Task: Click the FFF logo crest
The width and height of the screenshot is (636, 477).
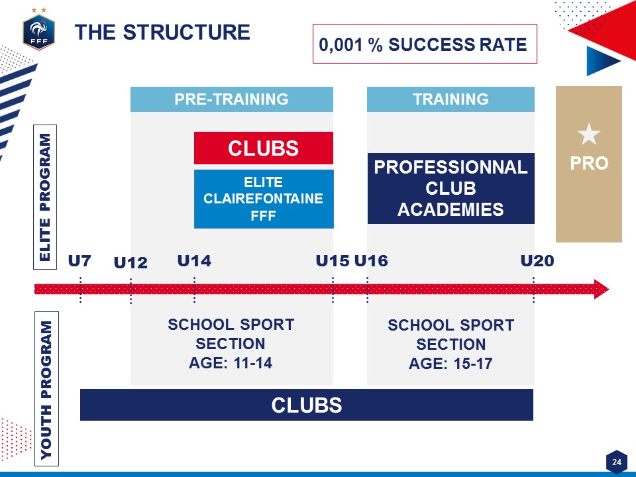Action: coord(38,32)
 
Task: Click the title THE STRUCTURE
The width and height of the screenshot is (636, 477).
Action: coord(162,32)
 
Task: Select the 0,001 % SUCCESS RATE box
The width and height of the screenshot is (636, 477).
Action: coord(425,44)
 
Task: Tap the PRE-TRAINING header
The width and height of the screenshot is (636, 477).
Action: coord(232,99)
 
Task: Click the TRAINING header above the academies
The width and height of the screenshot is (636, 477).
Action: coord(450,99)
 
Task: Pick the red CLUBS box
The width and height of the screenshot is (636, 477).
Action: coord(264,148)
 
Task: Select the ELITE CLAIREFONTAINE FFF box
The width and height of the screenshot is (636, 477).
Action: coord(264,199)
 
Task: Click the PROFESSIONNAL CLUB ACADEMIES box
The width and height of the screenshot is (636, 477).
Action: coord(450,188)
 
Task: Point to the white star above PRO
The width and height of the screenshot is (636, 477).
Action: coord(589,134)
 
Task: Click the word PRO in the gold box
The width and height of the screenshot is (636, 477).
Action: coord(589,164)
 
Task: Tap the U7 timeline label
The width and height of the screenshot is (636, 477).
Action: coord(79,261)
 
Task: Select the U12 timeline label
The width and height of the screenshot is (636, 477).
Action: coord(131,263)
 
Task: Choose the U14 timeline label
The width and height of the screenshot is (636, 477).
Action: coord(194,261)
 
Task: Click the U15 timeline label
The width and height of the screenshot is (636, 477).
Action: coord(333,261)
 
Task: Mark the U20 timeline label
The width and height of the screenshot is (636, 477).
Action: coord(537,261)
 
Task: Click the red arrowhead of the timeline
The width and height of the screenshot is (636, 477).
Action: coord(601,290)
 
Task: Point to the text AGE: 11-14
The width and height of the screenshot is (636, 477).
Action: coord(231,362)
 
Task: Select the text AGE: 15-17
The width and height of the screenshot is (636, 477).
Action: coord(450,364)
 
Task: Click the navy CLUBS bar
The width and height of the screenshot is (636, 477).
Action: coord(307,405)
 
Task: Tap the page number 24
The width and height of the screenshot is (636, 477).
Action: coord(617,462)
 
